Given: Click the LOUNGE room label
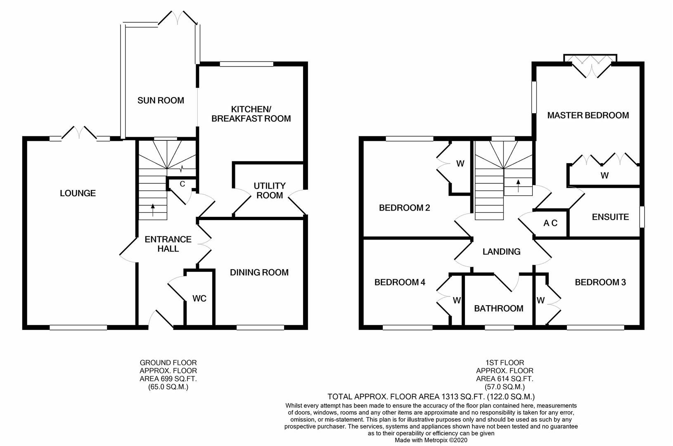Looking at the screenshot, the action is [x=78, y=193].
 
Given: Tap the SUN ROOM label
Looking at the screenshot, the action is [x=161, y=100].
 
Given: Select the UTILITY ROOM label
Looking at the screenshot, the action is [x=270, y=190].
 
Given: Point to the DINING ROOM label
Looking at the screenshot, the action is [x=259, y=273].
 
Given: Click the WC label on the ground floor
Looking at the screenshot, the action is [x=199, y=299].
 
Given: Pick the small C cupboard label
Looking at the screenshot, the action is [x=182, y=184].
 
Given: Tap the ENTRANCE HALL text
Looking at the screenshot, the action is [x=168, y=244].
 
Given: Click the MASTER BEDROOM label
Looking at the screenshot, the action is [x=588, y=115].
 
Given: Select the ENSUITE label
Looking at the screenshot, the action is [x=610, y=217].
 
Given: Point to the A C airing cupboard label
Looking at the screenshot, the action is [x=550, y=223].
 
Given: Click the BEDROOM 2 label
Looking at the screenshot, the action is [x=404, y=208].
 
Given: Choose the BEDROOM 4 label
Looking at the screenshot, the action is [x=400, y=282].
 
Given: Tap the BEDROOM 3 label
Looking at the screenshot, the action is [x=600, y=282].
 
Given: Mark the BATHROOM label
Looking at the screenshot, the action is [x=499, y=308].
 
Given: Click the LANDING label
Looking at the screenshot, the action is [x=501, y=251].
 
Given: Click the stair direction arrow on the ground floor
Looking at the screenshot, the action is [x=153, y=210].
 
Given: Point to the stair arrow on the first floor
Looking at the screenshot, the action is [x=518, y=185].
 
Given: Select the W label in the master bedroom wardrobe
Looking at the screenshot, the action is [x=604, y=175].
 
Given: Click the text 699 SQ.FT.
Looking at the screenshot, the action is [x=176, y=379].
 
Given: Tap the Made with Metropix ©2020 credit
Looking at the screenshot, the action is [x=431, y=440].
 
